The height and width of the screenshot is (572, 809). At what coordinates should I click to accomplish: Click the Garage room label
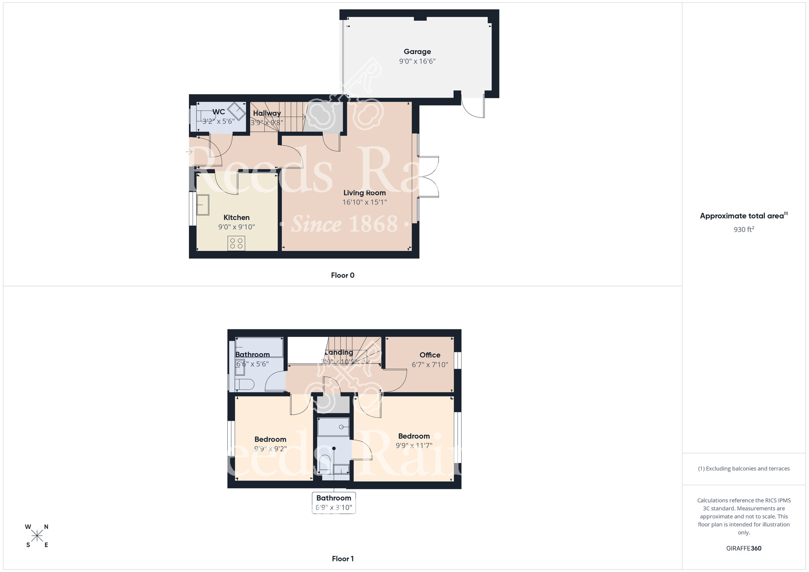pyautogui.click(x=417, y=52)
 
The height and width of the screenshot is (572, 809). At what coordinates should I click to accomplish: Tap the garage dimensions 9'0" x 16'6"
pyautogui.click(x=417, y=61)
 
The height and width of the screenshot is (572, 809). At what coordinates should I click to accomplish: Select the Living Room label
pyautogui.click(x=364, y=193)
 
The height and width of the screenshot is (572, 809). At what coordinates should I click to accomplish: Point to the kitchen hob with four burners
pyautogui.click(x=236, y=243)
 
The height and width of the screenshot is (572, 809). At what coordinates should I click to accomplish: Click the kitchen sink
pyautogui.click(x=203, y=205)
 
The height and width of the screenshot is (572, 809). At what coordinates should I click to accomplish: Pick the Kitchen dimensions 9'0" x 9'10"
pyautogui.click(x=236, y=227)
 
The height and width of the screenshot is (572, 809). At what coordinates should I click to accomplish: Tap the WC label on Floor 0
pyautogui.click(x=218, y=112)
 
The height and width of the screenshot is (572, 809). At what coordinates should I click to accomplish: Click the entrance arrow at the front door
pyautogui.click(x=189, y=152)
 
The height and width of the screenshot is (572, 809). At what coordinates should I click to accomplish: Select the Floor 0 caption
pyautogui.click(x=343, y=275)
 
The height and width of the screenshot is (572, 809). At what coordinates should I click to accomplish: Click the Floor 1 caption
pyautogui.click(x=343, y=559)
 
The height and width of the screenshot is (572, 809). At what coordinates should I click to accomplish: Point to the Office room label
pyautogui.click(x=430, y=355)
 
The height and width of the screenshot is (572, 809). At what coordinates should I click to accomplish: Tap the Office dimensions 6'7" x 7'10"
pyautogui.click(x=430, y=365)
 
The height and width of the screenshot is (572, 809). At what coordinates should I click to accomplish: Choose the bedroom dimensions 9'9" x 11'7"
pyautogui.click(x=414, y=446)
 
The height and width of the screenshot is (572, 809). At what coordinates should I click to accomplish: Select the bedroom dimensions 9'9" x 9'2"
pyautogui.click(x=270, y=449)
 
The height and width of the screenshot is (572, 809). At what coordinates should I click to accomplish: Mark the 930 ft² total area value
pyautogui.click(x=743, y=229)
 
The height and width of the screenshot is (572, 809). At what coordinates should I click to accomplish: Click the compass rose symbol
pyautogui.click(x=37, y=536)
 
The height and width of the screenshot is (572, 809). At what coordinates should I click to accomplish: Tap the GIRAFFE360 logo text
pyautogui.click(x=743, y=549)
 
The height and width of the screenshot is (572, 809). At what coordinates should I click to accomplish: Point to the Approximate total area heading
pyautogui.click(x=743, y=216)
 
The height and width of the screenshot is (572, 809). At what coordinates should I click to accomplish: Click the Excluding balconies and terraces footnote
pyautogui.click(x=743, y=469)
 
